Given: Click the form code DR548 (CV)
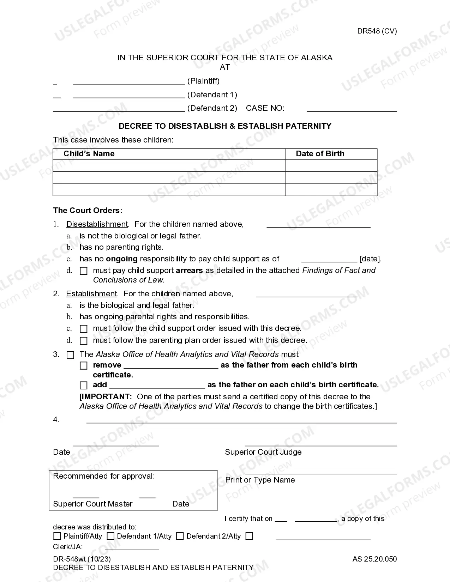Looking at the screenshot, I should tap(377, 31).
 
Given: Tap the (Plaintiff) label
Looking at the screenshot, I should tap(203, 81).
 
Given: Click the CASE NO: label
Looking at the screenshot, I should tap(265, 108).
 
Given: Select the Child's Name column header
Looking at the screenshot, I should tap(89, 154).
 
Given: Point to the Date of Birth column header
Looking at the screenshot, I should tap(320, 154).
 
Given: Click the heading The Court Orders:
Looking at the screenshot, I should tap(88, 211).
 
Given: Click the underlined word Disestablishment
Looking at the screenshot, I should tap(97, 224).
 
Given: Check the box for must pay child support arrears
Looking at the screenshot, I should tap(84, 271).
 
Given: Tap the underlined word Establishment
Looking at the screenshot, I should tap(91, 294).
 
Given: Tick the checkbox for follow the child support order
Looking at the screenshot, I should tap(84, 329).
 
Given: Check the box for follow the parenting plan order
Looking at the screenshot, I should tap(84, 341).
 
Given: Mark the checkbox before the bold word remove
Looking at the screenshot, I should tap(84, 365).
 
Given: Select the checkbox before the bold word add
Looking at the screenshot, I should tap(84, 385).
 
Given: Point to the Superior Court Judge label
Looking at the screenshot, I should tap(263, 452).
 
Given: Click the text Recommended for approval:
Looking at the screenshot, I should tap(104, 476).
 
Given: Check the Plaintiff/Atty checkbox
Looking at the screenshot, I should tap(57, 536).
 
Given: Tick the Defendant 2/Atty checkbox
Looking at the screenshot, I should tap(180, 536).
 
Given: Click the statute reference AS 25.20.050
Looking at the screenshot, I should tap(374, 559).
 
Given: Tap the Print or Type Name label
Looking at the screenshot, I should tap(260, 480).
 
